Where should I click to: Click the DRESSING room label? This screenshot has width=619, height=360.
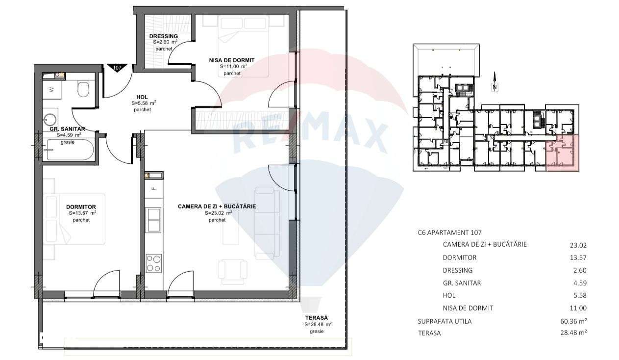coord(164,36)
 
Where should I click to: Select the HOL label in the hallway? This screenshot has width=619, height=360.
coord(142,97)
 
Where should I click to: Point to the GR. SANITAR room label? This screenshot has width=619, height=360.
coord(68,129)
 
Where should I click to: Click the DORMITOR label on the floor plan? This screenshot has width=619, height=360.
coord(81,207)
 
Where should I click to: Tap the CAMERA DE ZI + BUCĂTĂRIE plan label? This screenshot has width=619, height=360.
coord(217,206)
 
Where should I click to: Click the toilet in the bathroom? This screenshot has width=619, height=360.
coord(83,89)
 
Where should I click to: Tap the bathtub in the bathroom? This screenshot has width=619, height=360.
coord(69,150)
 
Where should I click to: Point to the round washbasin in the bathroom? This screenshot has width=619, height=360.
coord(51,119)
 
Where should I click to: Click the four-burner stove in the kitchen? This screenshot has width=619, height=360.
coord(153,264)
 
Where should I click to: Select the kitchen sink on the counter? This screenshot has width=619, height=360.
coord(153,219)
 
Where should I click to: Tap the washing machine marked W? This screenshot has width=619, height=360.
coord(52,90)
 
